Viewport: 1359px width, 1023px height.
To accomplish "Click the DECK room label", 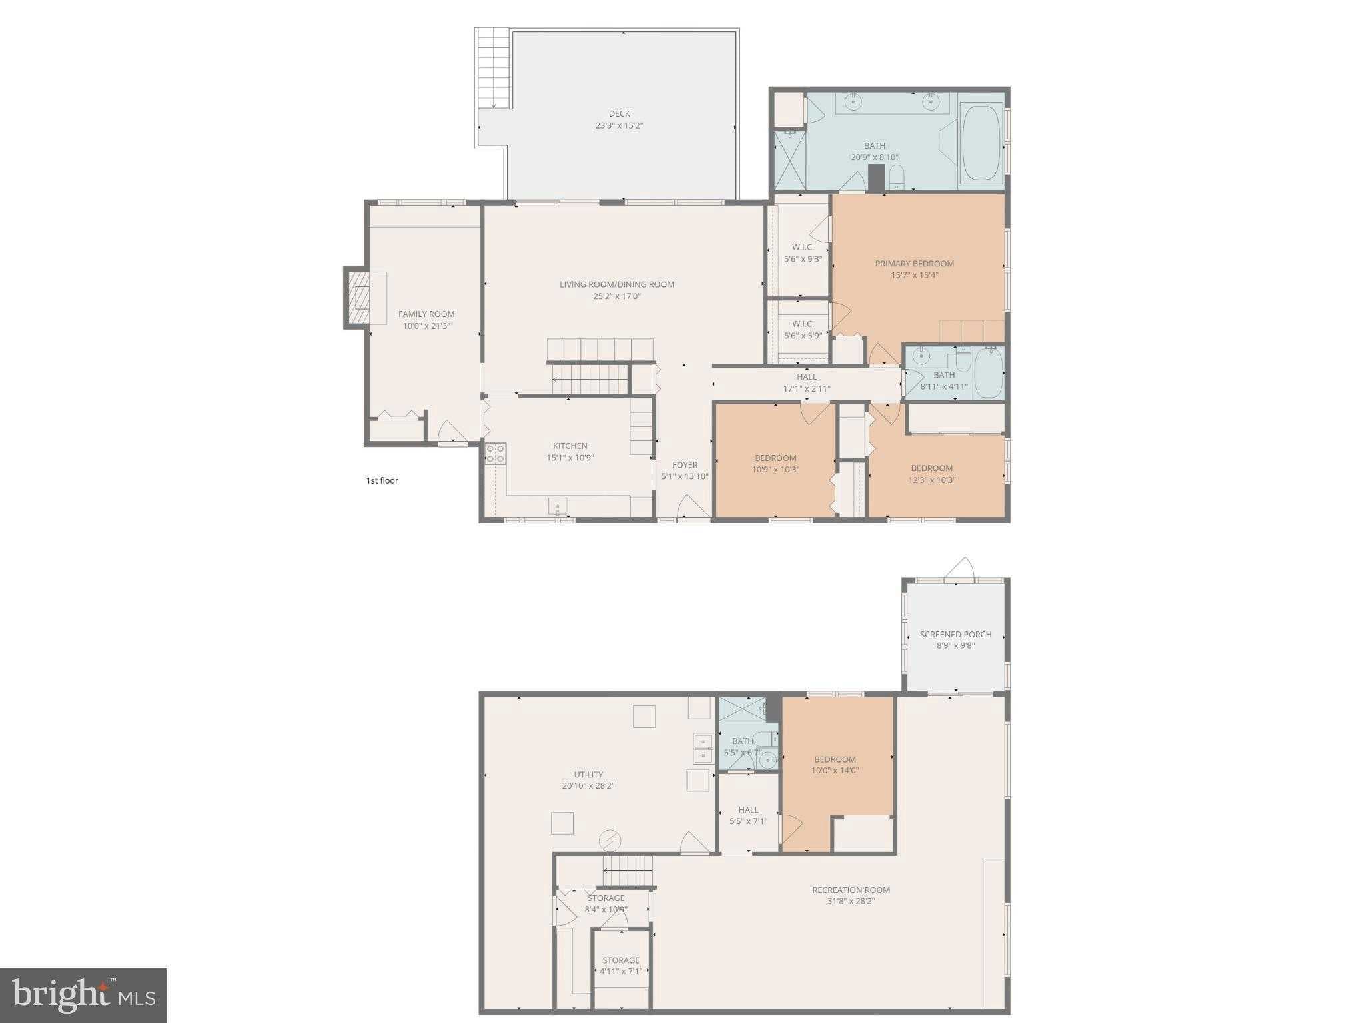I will [x=619, y=114].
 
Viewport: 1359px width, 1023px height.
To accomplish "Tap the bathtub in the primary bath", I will [x=981, y=141].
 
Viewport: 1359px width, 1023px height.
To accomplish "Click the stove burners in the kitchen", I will [x=495, y=454].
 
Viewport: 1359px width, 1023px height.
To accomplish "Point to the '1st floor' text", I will [x=382, y=480].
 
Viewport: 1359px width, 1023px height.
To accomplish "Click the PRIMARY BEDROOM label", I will [x=914, y=264].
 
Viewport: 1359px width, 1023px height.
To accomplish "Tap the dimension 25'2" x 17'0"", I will [x=616, y=296].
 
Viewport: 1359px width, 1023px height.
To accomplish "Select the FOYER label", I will [x=685, y=465].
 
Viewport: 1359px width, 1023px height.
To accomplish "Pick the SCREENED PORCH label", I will [x=955, y=634].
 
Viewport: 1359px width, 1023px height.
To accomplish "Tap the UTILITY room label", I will [x=588, y=774].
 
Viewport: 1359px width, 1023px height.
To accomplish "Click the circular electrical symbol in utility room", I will [x=610, y=841].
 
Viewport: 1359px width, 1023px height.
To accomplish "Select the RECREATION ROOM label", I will [x=851, y=890].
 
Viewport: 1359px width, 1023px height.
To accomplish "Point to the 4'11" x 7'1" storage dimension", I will [x=620, y=971].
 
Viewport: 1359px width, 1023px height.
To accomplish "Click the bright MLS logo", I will [x=83, y=995].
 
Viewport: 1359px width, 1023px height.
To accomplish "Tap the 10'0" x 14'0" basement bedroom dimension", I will [x=835, y=771].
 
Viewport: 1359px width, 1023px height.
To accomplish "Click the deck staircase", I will [x=494, y=69].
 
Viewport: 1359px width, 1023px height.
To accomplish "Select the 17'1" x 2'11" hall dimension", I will [x=806, y=389].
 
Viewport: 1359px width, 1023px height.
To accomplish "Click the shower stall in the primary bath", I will [x=789, y=161].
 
